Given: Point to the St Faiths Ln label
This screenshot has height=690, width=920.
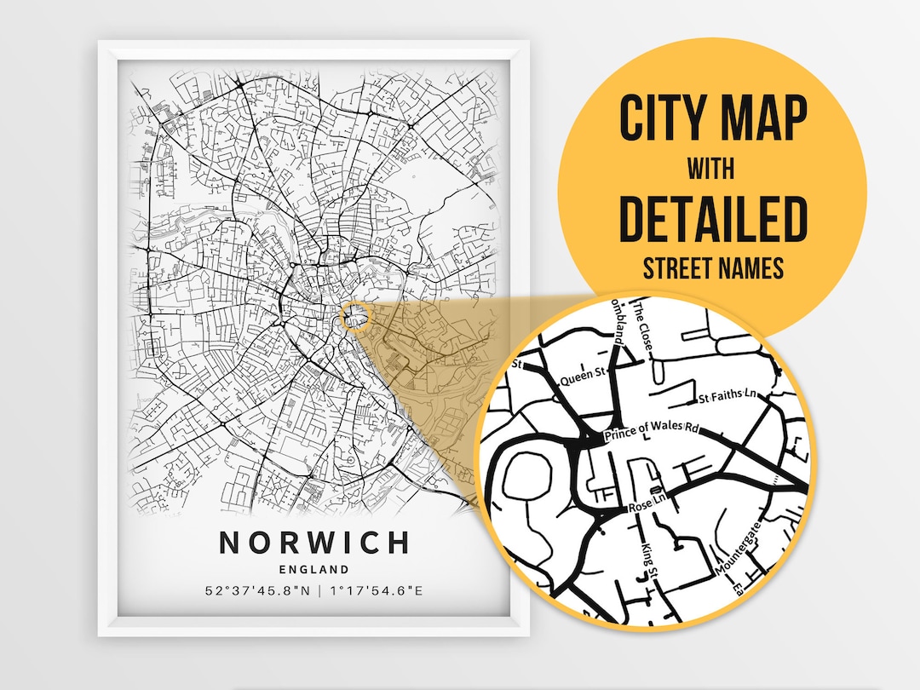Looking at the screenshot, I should pyautogui.click(x=729, y=397).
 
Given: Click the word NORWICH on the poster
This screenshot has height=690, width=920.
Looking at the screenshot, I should pyautogui.click(x=314, y=543).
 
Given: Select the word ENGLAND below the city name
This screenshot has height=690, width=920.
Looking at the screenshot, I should pyautogui.click(x=314, y=569).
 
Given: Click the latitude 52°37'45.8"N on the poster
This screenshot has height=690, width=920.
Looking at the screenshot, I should pyautogui.click(x=256, y=589).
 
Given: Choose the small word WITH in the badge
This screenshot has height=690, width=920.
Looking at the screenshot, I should pyautogui.click(x=712, y=169).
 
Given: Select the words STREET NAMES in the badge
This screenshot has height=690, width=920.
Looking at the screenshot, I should pyautogui.click(x=712, y=269).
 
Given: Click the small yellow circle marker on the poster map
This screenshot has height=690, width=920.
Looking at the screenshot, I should pyautogui.click(x=356, y=317).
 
